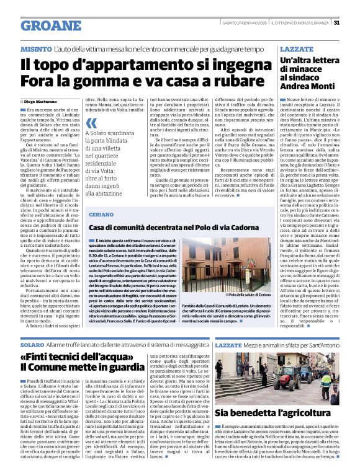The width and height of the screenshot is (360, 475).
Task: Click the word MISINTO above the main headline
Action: (35, 48)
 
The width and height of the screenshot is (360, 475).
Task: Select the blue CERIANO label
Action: (101, 213)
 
